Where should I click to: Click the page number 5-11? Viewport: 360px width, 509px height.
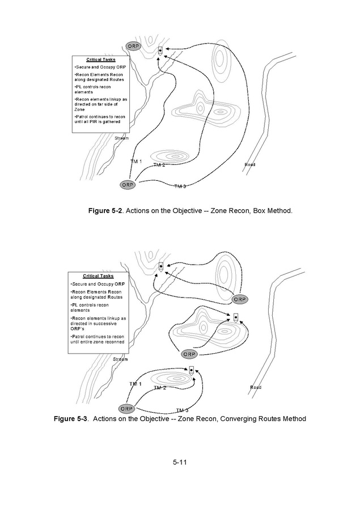click(x=180, y=462)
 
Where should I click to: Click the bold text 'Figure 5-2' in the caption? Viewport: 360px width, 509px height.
click(x=105, y=211)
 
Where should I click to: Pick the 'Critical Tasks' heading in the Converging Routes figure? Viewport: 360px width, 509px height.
click(x=98, y=276)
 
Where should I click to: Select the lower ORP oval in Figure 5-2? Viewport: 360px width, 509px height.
click(x=129, y=184)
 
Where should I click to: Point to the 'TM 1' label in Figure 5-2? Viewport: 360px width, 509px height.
click(x=136, y=162)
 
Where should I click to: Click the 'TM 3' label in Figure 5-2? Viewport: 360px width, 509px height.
click(x=180, y=186)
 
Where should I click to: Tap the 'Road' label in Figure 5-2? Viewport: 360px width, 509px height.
click(x=250, y=164)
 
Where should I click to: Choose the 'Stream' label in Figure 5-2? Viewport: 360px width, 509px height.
click(x=121, y=138)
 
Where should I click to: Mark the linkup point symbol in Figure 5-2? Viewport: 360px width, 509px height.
click(x=160, y=50)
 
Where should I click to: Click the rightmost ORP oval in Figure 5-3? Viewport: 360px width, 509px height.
click(x=240, y=299)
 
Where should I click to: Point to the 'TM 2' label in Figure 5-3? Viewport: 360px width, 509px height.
click(x=160, y=388)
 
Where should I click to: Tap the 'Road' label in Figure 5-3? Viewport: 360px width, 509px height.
click(x=256, y=388)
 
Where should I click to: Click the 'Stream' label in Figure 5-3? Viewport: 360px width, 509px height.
click(x=120, y=359)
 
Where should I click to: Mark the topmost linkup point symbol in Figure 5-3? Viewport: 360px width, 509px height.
click(x=162, y=266)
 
